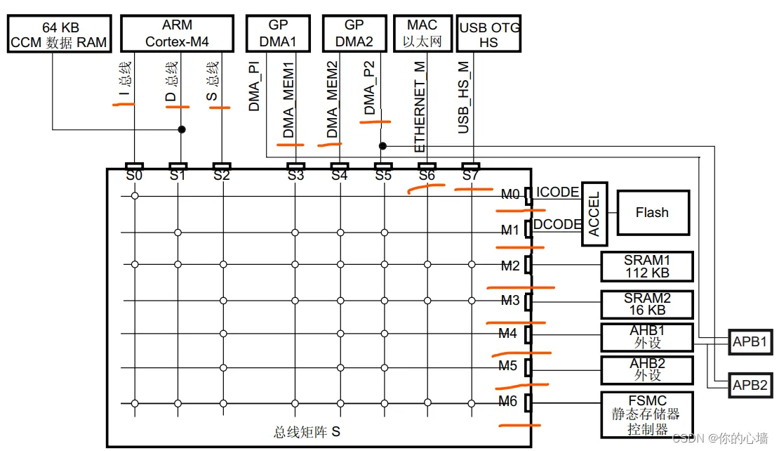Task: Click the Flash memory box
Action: [x=652, y=213]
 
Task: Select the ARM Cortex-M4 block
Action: [x=177, y=34]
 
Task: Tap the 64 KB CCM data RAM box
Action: [x=59, y=34]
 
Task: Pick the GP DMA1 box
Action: [x=278, y=34]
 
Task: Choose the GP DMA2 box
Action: [x=354, y=34]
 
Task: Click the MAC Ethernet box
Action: [x=422, y=34]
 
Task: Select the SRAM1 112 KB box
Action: [x=646, y=267]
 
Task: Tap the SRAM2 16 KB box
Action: [x=646, y=304]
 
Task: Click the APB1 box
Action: [x=750, y=343]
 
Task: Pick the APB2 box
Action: [x=750, y=385]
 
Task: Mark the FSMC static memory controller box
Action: [x=646, y=415]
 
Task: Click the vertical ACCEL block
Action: [x=594, y=217]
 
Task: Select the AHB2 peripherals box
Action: [x=646, y=370]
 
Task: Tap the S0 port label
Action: [x=135, y=176]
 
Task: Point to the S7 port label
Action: [x=471, y=176]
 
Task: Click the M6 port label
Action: [x=508, y=402]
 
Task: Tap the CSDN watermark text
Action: [x=719, y=438]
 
